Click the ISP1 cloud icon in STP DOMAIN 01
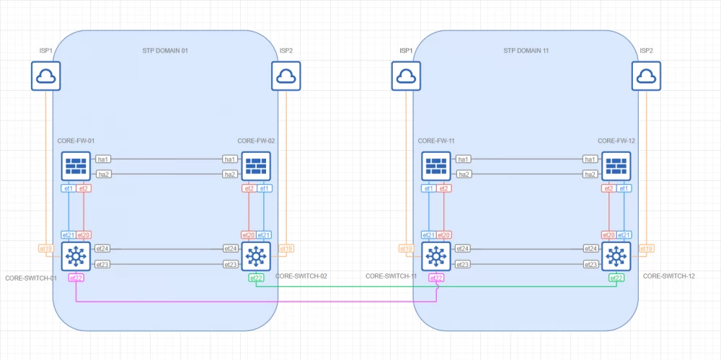point(45,76)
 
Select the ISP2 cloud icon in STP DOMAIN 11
point(646,76)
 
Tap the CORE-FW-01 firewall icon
point(75,166)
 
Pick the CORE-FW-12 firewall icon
point(616,166)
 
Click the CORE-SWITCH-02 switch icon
point(255,256)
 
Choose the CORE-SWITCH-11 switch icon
point(435,256)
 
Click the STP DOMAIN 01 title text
point(165,51)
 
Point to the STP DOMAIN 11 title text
point(526,51)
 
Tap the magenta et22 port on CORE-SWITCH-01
point(76,278)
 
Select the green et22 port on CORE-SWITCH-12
point(616,278)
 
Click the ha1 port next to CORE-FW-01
point(103,159)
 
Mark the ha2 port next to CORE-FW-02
point(230,174)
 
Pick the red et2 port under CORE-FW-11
point(445,188)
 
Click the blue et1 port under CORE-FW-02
point(265,188)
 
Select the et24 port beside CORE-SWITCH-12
point(590,249)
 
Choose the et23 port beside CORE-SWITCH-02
point(230,264)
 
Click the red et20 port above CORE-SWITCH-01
point(84,234)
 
